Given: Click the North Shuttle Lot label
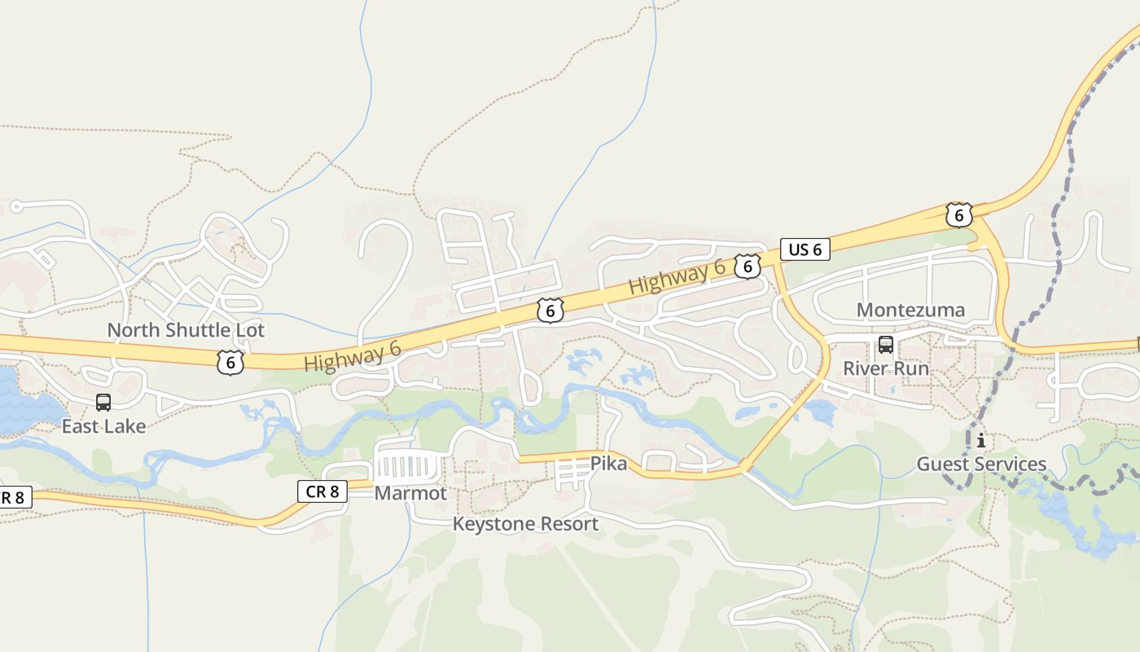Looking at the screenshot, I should [x=186, y=330].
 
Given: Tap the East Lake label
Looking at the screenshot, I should [x=103, y=426].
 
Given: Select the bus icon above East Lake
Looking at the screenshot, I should [x=103, y=402].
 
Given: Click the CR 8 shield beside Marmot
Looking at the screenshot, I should [x=322, y=491].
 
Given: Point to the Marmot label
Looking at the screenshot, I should [x=410, y=493].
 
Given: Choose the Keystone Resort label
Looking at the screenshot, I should [x=525, y=524].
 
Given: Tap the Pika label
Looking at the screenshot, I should [x=608, y=464].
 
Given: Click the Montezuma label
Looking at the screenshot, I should [x=910, y=310].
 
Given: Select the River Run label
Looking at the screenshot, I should [x=885, y=368].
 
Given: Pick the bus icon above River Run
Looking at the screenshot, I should [x=885, y=345].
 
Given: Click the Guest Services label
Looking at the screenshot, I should [x=981, y=465].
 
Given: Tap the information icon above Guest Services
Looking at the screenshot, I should [x=981, y=441].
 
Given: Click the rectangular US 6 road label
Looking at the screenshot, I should [x=805, y=249].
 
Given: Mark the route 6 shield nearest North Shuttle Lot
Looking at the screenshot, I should [x=230, y=362].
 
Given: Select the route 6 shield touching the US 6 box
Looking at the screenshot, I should [x=747, y=267].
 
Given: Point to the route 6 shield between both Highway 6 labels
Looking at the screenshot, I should [x=550, y=310].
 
